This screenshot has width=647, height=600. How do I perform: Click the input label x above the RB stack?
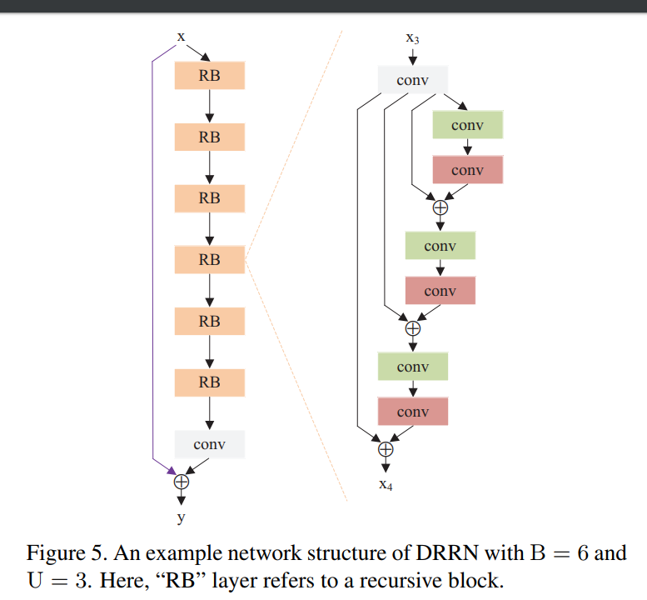tap(181, 37)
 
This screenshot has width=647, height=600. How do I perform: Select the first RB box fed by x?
tap(209, 76)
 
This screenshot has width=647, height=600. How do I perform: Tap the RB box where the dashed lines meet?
tap(209, 260)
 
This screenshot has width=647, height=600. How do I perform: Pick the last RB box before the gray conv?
tap(209, 382)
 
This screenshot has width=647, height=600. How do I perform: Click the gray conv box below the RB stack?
tap(209, 444)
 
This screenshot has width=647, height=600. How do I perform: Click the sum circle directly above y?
tap(181, 481)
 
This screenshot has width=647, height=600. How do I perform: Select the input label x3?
tap(412, 37)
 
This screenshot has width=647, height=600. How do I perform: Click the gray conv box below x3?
tap(412, 81)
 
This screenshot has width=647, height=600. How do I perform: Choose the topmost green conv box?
tap(467, 125)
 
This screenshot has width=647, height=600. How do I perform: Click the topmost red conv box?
tap(467, 170)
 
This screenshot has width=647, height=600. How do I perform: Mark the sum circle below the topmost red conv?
tap(440, 207)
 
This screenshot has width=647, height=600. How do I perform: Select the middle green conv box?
tap(440, 246)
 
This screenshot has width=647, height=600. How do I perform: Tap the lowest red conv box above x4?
tap(412, 412)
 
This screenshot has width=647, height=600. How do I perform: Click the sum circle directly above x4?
tap(386, 448)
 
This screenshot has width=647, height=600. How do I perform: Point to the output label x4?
tap(386, 486)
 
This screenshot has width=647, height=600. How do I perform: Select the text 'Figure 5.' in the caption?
tap(66, 553)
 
